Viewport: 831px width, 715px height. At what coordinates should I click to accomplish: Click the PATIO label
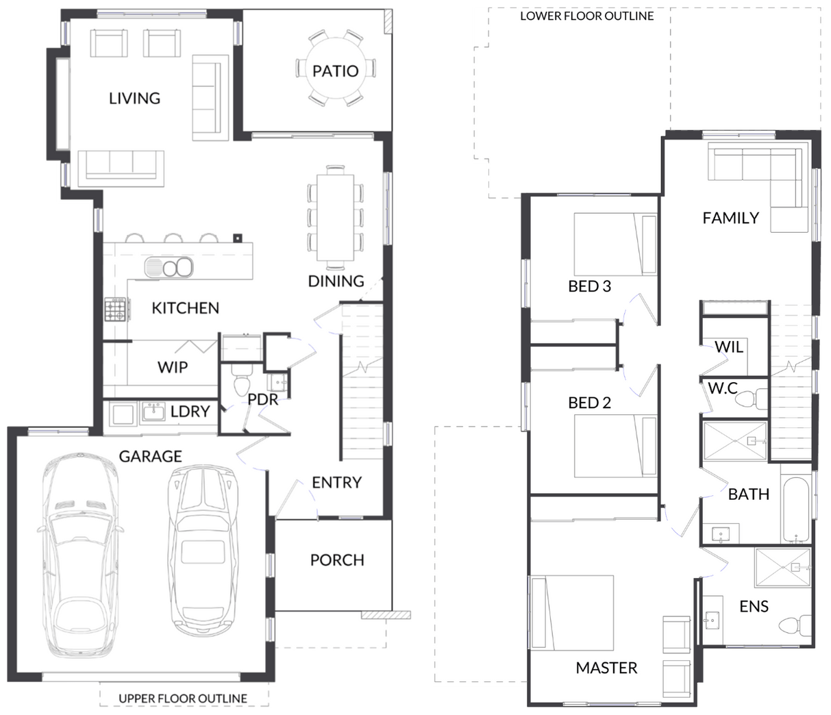(335, 71)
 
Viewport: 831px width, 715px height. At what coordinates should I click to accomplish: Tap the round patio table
(336, 68)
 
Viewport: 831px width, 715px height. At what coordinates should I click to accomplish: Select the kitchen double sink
(169, 267)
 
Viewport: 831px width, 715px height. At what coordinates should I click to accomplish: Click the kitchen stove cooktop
(115, 309)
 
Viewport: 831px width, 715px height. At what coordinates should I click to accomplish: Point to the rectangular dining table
(335, 217)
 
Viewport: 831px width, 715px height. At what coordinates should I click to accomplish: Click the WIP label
(173, 367)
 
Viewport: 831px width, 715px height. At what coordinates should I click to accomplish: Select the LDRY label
(190, 411)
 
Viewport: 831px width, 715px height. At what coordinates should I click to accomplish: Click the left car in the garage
(80, 555)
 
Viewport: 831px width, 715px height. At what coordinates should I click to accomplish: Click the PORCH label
(337, 560)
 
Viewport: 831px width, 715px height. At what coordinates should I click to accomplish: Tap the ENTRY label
(336, 482)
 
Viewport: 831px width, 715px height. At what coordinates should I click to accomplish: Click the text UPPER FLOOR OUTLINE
(183, 699)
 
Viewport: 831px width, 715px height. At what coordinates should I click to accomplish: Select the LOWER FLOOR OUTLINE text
(587, 16)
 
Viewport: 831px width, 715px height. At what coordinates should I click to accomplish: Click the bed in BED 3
(615, 244)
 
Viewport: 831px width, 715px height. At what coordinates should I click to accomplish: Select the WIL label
(729, 347)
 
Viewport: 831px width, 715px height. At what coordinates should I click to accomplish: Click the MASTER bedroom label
(606, 668)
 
